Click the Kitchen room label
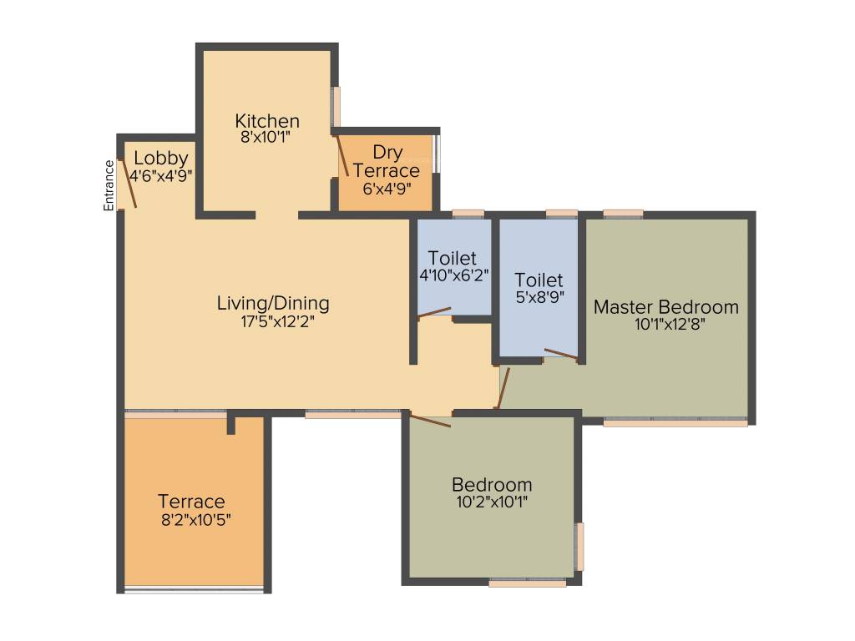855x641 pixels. [x=267, y=120]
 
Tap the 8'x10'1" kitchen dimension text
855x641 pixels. [x=267, y=138]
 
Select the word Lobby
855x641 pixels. [x=160, y=158]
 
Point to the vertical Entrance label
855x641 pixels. [x=109, y=184]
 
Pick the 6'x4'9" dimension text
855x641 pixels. [x=386, y=189]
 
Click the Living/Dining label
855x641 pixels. [x=273, y=303]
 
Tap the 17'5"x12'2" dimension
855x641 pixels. [x=273, y=320]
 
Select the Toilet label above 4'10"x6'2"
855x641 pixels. [x=453, y=258]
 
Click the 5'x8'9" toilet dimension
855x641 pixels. [x=539, y=297]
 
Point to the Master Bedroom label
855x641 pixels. [x=665, y=307]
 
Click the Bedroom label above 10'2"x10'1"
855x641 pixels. [x=492, y=485]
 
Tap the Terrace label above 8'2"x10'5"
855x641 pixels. [x=191, y=502]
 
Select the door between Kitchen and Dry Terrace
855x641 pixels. [x=341, y=155]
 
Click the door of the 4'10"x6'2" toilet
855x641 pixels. [x=434, y=313]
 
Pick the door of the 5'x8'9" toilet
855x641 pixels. [x=559, y=354]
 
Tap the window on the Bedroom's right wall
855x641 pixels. [x=579, y=547]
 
